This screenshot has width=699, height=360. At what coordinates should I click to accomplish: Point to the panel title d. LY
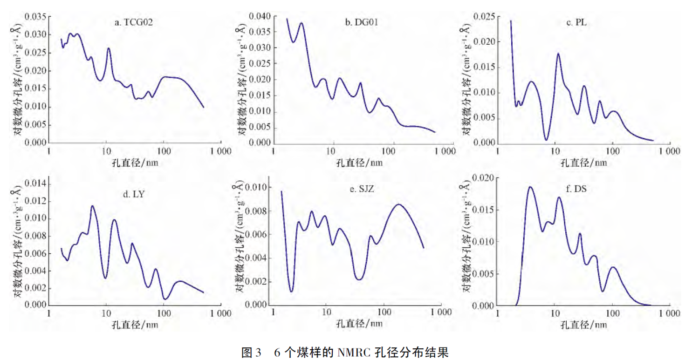(x=134, y=194)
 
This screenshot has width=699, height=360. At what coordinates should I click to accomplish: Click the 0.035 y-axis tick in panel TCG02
(x=35, y=17)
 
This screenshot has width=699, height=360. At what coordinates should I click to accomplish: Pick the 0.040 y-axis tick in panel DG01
(x=259, y=17)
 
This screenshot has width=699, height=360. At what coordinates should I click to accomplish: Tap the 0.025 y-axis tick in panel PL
(x=484, y=17)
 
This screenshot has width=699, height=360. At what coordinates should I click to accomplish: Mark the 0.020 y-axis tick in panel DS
(x=484, y=178)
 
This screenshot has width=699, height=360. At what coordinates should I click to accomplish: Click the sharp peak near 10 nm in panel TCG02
(x=109, y=48)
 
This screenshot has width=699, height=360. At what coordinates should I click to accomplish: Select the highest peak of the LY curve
(x=92, y=206)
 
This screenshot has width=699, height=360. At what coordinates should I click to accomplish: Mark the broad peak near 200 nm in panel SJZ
(x=399, y=204)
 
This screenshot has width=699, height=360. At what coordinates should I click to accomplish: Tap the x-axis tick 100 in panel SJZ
(x=384, y=311)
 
